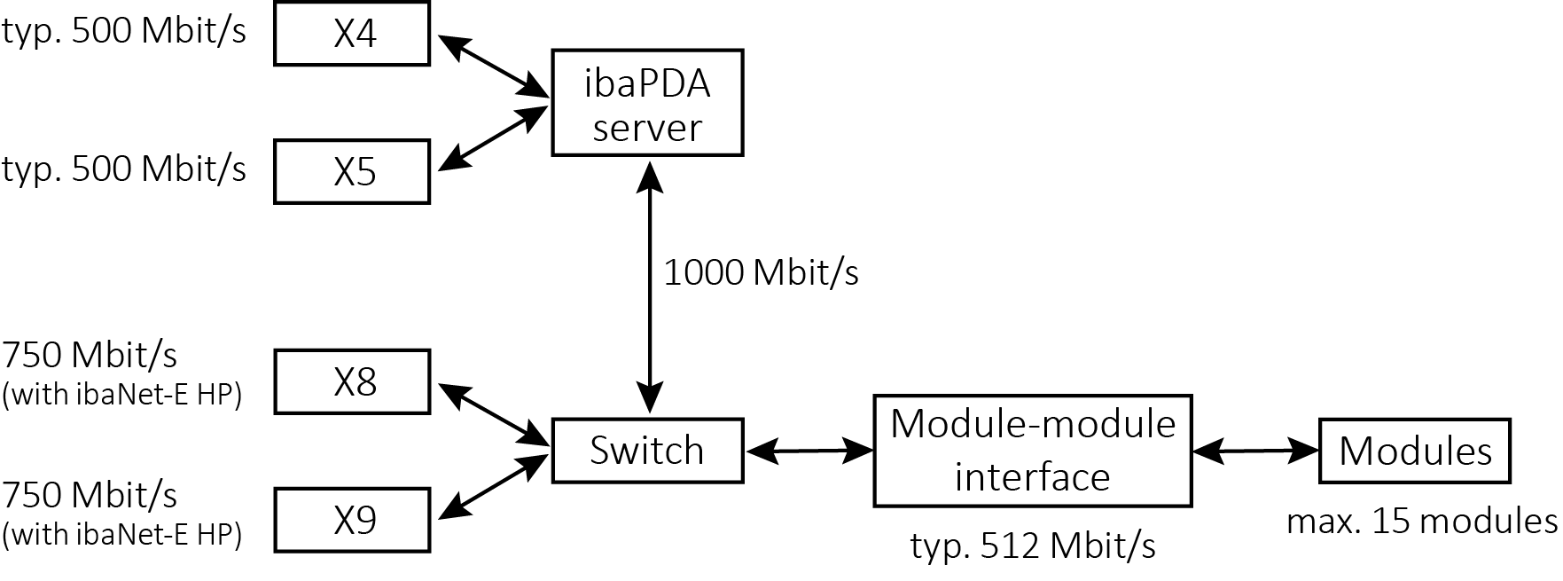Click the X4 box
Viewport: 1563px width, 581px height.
pyautogui.click(x=352, y=33)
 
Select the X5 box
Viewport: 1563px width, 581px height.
pyautogui.click(x=352, y=171)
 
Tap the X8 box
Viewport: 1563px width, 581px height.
pyautogui.click(x=352, y=381)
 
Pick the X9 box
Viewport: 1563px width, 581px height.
pyautogui.click(x=352, y=520)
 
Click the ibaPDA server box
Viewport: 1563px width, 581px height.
pyautogui.click(x=647, y=103)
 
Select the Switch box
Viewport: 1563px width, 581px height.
pyautogui.click(x=647, y=451)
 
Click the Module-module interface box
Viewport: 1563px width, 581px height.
pyautogui.click(x=1033, y=451)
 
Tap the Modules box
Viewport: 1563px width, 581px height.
pyautogui.click(x=1415, y=451)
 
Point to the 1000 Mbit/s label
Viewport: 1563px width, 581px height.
pyautogui.click(x=761, y=272)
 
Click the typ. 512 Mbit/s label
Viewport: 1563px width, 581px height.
pyautogui.click(x=1033, y=546)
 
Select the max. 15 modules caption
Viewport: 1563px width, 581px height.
pyautogui.click(x=1422, y=522)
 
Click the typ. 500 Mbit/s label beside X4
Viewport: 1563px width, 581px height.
pyautogui.click(x=124, y=32)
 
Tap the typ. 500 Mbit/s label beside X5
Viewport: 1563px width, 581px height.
pyautogui.click(x=124, y=169)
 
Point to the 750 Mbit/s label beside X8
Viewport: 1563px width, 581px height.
pyautogui.click(x=90, y=356)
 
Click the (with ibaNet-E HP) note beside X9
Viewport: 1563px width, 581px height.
pyautogui.click(x=122, y=535)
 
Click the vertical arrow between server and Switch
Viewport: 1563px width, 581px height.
pyautogui.click(x=651, y=287)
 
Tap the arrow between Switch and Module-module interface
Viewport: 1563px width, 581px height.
pyautogui.click(x=809, y=451)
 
